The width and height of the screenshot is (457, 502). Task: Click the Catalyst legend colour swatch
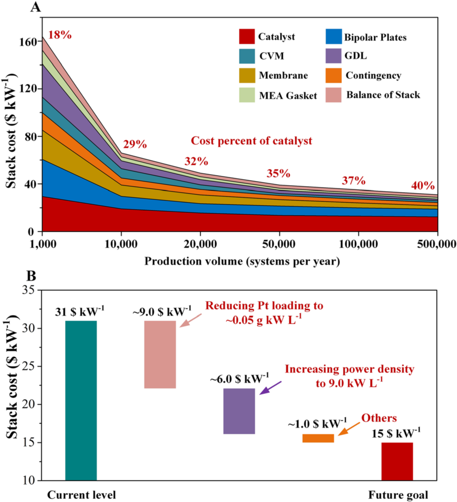coord(247,37)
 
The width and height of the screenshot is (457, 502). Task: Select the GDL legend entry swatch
coord(333,56)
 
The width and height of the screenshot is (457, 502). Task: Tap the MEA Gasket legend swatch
coord(247,95)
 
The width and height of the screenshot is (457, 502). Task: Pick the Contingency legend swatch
coord(333,76)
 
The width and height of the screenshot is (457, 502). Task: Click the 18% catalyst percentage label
coord(60,35)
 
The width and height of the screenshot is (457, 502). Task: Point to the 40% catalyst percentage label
coord(423,186)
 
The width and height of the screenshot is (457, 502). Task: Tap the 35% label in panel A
coord(278,174)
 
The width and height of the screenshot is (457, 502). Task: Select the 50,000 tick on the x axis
coord(279,244)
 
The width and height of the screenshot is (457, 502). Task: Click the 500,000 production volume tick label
coord(436,244)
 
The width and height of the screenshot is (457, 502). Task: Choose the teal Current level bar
coord(81,400)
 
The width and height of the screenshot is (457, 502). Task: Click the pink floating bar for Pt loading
coord(160,354)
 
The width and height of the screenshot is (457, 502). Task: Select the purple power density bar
coord(239,411)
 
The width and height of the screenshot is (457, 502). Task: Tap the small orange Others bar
coord(318,438)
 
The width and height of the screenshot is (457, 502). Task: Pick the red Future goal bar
coord(397,461)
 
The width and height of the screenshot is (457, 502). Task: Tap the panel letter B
coord(31,276)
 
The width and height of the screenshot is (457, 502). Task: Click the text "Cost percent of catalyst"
coord(251,141)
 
